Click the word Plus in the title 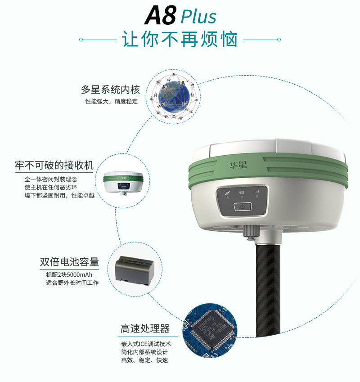pyautogui.click(x=198, y=17)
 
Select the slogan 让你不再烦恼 pyautogui.click(x=180, y=40)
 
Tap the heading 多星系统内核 pyautogui.click(x=110, y=90)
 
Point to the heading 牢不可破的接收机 pyautogui.click(x=54, y=166)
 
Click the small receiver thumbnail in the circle pyautogui.click(x=123, y=181)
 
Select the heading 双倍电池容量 pyautogui.click(x=69, y=262)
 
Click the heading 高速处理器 pyautogui.click(x=145, y=329)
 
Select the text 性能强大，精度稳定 pyautogui.click(x=112, y=102)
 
